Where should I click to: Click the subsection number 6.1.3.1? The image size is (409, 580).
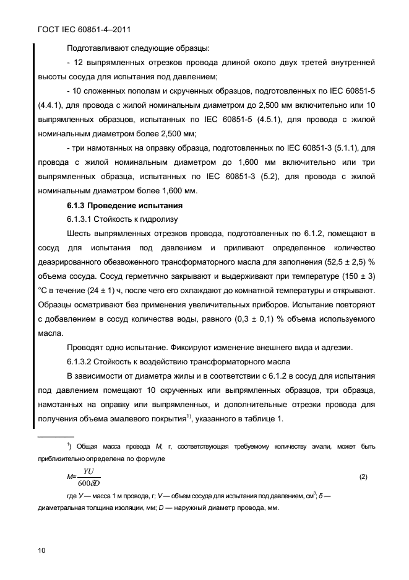pos(82,219)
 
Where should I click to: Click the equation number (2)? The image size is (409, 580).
pos(363,477)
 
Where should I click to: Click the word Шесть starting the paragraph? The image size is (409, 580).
pos(79,234)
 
